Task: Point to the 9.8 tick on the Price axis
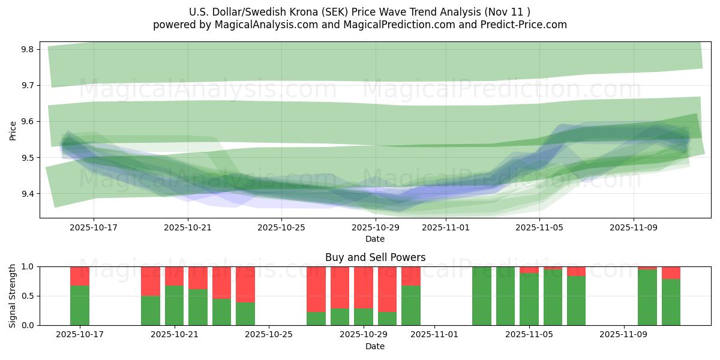click(26, 49)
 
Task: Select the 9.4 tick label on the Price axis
click(26, 194)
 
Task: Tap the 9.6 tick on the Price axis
click(26, 122)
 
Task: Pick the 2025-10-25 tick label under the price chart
click(281, 227)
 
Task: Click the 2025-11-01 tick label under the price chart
click(446, 227)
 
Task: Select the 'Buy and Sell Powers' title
click(375, 257)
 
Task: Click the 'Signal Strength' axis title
click(13, 296)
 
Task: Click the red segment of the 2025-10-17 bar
click(80, 276)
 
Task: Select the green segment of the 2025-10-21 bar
click(174, 305)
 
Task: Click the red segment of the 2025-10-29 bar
click(363, 287)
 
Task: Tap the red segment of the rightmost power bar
click(671, 272)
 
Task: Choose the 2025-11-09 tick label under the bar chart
click(624, 334)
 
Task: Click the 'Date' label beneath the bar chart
click(375, 346)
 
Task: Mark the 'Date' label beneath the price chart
click(375, 239)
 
